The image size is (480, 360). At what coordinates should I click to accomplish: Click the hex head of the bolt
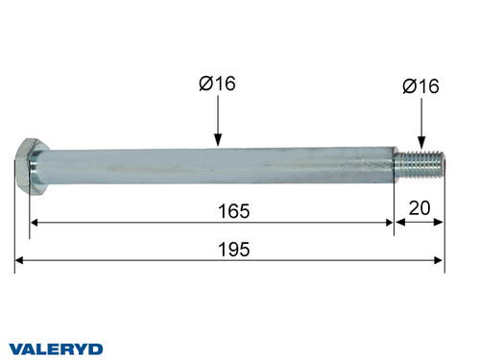click(x=30, y=166)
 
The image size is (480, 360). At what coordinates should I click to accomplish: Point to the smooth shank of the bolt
click(x=211, y=163)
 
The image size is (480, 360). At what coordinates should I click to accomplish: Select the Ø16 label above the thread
click(x=420, y=86)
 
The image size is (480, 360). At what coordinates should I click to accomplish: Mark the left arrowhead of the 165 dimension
click(x=36, y=222)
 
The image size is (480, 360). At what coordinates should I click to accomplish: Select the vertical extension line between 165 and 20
click(x=395, y=206)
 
